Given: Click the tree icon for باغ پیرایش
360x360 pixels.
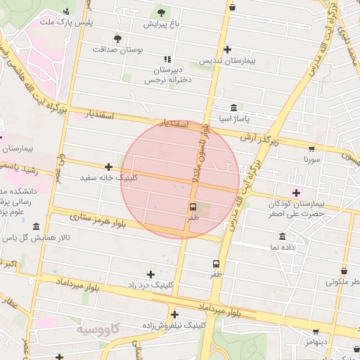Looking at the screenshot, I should pyautogui.click(x=162, y=12).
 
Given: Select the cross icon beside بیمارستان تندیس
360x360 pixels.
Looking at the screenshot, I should pyautogui.click(x=227, y=49).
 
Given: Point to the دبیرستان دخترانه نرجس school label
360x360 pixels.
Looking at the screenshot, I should pyautogui.click(x=168, y=75).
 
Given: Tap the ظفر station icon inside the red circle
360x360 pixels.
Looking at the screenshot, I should pyautogui.click(x=193, y=207).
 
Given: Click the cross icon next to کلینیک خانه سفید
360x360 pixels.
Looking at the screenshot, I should pyautogui.click(x=108, y=167).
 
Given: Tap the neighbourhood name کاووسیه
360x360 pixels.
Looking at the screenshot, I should pyautogui.click(x=97, y=329).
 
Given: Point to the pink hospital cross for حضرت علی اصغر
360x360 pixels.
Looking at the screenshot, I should pyautogui.click(x=296, y=193).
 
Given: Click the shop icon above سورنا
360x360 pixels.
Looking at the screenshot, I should pyautogui.click(x=311, y=148).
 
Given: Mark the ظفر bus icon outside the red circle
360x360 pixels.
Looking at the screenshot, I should pyautogui.click(x=216, y=264).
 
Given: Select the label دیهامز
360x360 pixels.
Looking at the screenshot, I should pyautogui.click(x=314, y=342).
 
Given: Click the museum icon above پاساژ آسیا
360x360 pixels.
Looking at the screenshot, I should pyautogui.click(x=233, y=108).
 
